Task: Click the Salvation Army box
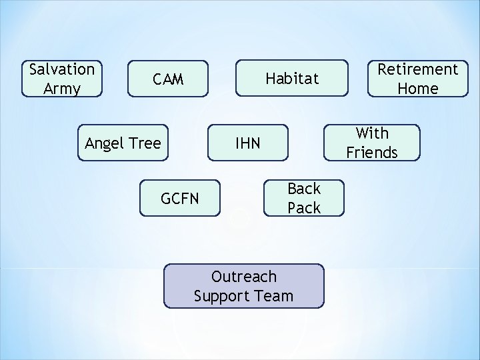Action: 62,79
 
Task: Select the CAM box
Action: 168,79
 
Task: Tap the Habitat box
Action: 292,79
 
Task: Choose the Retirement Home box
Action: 417,79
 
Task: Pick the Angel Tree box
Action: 123,143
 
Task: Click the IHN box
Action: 248,143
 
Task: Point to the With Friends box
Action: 372,143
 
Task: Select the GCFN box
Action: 179,198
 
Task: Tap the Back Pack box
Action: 304,198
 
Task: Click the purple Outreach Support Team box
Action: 243,286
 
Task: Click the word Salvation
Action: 62,69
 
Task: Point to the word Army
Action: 62,89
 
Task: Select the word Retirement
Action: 418,69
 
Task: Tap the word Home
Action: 418,89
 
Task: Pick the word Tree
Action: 145,143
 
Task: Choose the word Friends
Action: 372,153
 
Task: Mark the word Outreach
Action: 243,276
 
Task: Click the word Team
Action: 273,296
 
